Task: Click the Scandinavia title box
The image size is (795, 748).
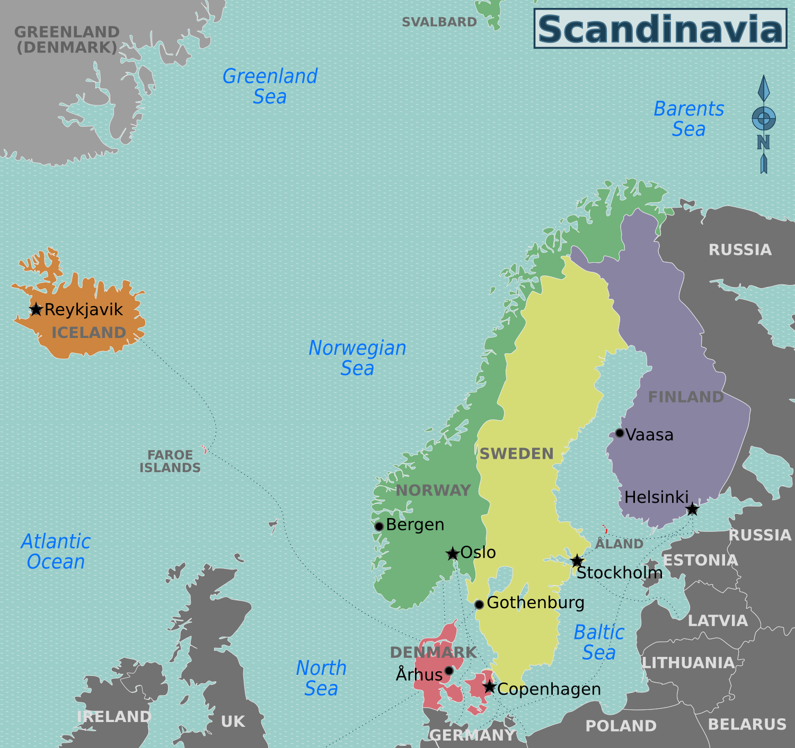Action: pyautogui.click(x=660, y=29)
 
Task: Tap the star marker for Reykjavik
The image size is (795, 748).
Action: pyautogui.click(x=36, y=309)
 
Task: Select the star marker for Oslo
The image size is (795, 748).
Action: pyautogui.click(x=453, y=554)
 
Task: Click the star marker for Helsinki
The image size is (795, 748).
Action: pyautogui.click(x=692, y=509)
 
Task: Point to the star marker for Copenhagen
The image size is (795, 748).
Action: pyautogui.click(x=490, y=687)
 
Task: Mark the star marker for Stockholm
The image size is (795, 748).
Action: pyautogui.click(x=577, y=560)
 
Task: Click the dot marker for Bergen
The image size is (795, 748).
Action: pyautogui.click(x=379, y=526)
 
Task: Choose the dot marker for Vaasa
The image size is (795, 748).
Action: pyautogui.click(x=620, y=433)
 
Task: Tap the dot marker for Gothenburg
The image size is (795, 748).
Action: pyautogui.click(x=479, y=604)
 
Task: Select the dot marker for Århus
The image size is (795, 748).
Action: pyautogui.click(x=449, y=671)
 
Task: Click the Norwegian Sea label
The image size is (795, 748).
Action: pyautogui.click(x=357, y=358)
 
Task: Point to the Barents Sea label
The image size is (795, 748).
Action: pyautogui.click(x=688, y=119)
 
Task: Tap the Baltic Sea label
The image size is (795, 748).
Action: pyautogui.click(x=599, y=642)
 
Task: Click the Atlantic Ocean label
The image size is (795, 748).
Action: pyautogui.click(x=56, y=551)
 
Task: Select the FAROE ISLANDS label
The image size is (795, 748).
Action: pyautogui.click(x=170, y=461)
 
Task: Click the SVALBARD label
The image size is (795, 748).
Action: pyautogui.click(x=439, y=22)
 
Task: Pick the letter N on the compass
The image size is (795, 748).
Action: pyautogui.click(x=763, y=142)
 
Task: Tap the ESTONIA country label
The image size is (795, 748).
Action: pyautogui.click(x=700, y=560)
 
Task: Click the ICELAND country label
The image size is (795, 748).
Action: pyautogui.click(x=89, y=333)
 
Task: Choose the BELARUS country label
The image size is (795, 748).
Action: pyautogui.click(x=747, y=724)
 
